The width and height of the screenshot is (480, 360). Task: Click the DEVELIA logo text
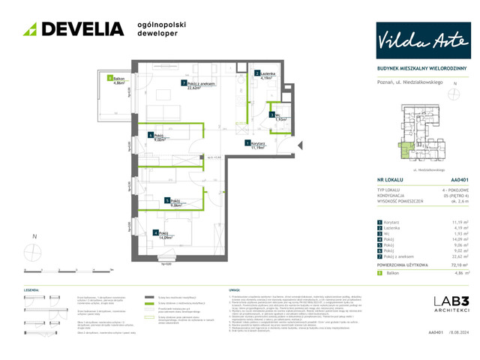pos(82,29)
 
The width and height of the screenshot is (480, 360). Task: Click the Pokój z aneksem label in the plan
pos(199,84)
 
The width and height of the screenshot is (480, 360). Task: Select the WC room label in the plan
pos(278,116)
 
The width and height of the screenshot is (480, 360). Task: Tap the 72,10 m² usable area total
pos(460,286)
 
